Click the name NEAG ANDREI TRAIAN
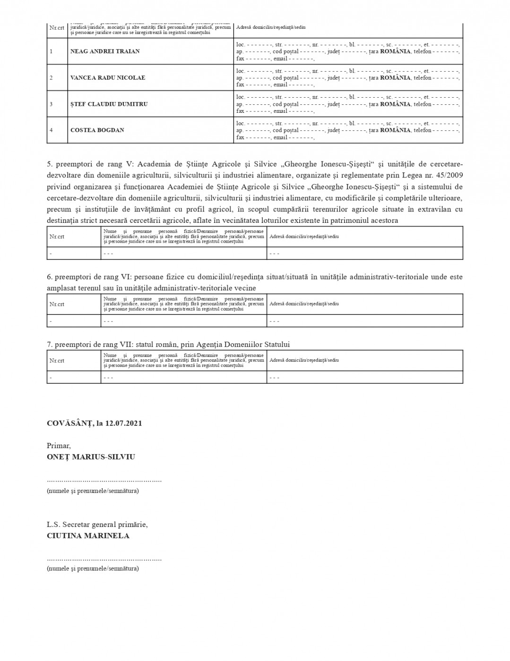[x=104, y=51]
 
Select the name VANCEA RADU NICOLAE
[x=107, y=78]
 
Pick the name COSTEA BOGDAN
[x=97, y=130]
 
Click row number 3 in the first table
[x=51, y=104]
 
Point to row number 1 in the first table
[x=51, y=51]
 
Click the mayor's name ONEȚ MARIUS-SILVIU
[x=91, y=457]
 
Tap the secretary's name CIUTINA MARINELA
[x=88, y=536]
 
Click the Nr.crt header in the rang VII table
[x=57, y=360]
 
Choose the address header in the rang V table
[x=304, y=237]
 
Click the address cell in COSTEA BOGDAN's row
[x=348, y=130]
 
